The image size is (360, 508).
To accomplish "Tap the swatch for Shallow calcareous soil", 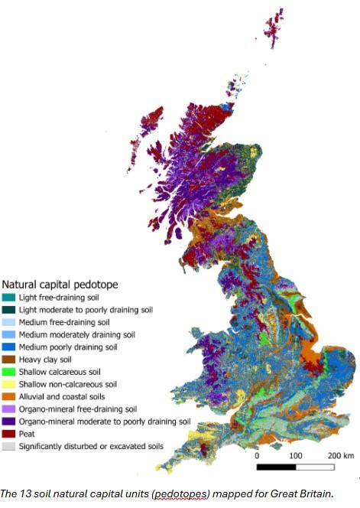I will tap(9, 372).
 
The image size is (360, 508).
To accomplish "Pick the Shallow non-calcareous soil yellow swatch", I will tap(9, 384).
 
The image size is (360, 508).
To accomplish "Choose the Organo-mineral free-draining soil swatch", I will tap(9, 409).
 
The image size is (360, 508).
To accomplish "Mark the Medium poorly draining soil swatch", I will tap(9, 347).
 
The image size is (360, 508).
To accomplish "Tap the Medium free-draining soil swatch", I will tap(9, 322).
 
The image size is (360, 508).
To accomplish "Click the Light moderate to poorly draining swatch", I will tap(9, 309).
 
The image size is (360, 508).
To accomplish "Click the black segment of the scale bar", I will tap(275, 465).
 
